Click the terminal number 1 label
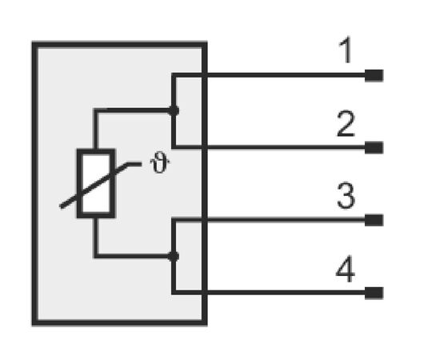coord(346,50)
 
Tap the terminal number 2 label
coord(346,124)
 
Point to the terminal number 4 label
coord(346,269)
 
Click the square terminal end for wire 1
coord(374,75)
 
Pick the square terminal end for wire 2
coord(374,147)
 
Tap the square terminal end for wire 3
coord(374,220)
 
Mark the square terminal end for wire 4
coord(374,293)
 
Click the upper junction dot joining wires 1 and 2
coord(174,111)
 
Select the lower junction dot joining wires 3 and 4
coord(174,257)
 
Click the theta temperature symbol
coord(160,165)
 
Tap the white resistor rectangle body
coord(96,183)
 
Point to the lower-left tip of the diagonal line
coord(61,207)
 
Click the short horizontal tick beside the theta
coord(134,164)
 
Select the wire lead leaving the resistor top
coord(96,129)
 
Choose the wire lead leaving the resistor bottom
coord(96,238)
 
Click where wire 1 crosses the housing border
coord(205,75)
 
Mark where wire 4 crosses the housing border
coord(205,293)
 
